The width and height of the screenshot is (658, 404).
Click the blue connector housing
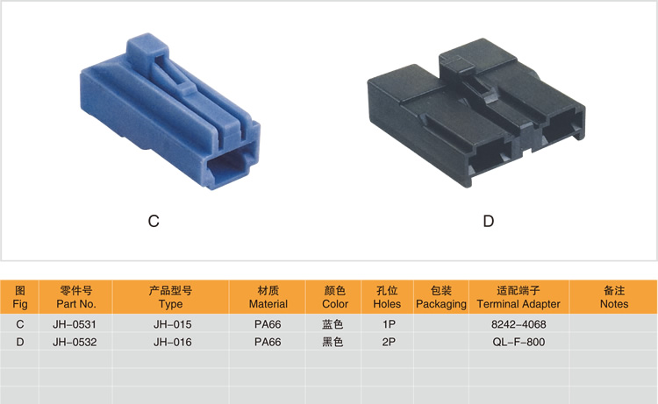click(170, 112)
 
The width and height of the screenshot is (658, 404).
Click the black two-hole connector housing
click(476, 112)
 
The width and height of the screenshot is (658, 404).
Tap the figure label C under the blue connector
click(154, 221)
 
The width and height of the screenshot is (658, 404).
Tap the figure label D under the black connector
click(489, 221)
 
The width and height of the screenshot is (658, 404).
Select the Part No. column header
click(76, 297)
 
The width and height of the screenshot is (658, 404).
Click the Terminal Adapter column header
click(519, 297)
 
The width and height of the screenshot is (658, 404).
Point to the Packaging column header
click(441, 297)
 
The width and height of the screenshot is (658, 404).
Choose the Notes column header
click(614, 297)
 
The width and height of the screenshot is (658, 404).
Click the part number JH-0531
click(75, 324)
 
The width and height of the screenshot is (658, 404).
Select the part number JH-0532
click(75, 343)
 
